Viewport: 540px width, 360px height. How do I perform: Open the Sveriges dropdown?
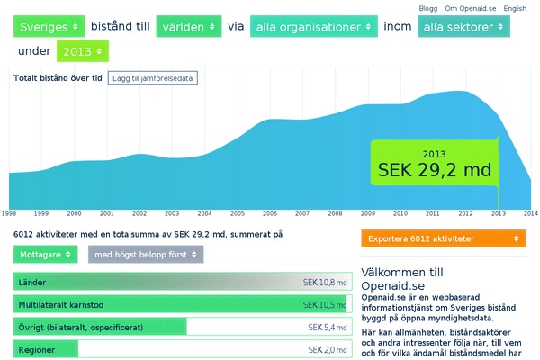point(49,27)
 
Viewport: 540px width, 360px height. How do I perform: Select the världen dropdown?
point(188,27)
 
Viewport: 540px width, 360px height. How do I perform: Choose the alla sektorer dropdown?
point(463,27)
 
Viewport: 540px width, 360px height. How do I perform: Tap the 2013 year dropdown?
point(82,51)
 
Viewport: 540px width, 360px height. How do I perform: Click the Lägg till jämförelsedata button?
point(151,77)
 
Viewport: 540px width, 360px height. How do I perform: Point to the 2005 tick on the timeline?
point(238,213)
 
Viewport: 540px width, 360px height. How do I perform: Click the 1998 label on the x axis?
point(9,213)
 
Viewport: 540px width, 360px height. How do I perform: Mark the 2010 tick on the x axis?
point(400,213)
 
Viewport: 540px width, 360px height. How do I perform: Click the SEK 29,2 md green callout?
point(434,163)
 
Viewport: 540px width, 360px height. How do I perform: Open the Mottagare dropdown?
point(46,255)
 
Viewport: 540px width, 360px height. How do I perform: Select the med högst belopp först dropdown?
point(145,255)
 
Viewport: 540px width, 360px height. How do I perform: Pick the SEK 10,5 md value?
point(325,304)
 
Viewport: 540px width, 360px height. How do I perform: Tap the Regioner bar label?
point(36,349)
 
